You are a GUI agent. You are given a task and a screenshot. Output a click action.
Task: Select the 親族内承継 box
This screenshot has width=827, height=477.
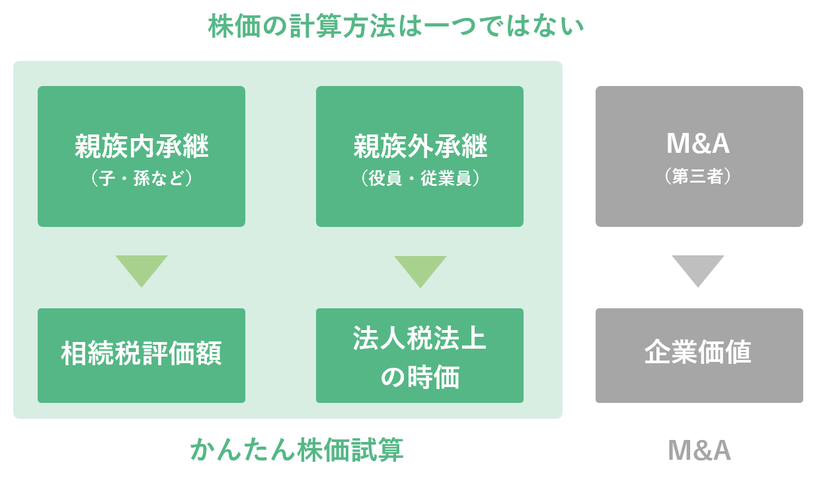pos(141,156)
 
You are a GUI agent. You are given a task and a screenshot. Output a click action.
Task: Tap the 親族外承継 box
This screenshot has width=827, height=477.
pos(420,156)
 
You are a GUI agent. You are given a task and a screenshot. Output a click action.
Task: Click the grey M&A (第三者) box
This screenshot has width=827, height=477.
pos(699,156)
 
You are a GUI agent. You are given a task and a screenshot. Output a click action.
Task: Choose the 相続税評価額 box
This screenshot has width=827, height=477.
pos(141,355)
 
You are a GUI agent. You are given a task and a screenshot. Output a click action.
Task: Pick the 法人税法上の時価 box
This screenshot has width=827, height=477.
pos(420,355)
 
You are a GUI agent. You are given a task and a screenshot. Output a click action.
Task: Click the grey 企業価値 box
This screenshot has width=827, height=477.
pos(699,355)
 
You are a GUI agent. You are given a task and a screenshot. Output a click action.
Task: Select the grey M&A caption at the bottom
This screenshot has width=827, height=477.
pos(699,451)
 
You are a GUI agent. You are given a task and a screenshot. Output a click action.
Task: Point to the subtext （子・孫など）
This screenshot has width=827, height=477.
pos(141,179)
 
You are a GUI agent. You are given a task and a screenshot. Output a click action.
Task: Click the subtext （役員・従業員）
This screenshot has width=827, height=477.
pos(420,179)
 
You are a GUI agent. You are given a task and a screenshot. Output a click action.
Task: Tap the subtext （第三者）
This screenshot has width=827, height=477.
pos(699,177)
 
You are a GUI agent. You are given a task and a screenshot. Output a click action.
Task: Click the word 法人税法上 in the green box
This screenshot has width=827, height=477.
pos(420,339)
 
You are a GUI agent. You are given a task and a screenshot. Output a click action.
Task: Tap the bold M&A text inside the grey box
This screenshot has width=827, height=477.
pos(699,144)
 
